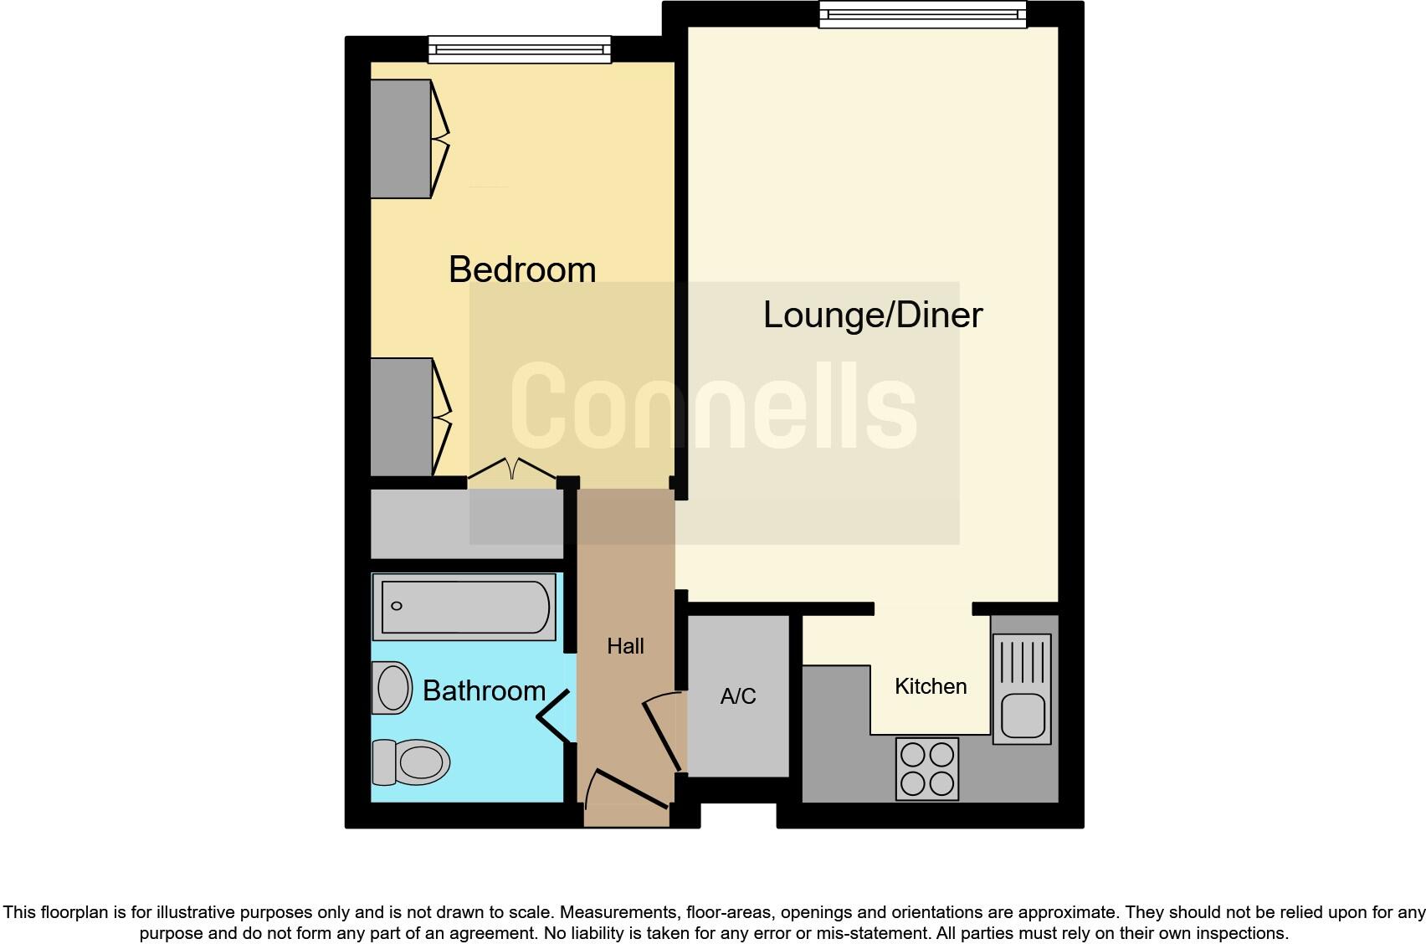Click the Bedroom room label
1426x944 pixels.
point(522,269)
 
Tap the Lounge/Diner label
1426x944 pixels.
point(872,315)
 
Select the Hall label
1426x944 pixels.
point(625,646)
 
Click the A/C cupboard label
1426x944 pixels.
point(737,696)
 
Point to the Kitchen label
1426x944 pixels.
point(930,686)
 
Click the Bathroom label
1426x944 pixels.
point(484,690)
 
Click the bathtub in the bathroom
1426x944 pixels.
point(464,607)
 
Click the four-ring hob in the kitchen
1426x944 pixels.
point(926,768)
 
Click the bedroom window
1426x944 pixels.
point(520,49)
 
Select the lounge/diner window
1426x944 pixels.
point(922,14)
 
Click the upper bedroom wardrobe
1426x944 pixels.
point(401,139)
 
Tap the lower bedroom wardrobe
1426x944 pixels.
point(402,417)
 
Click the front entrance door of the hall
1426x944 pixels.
point(628,790)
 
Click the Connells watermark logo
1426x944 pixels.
point(713,406)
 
